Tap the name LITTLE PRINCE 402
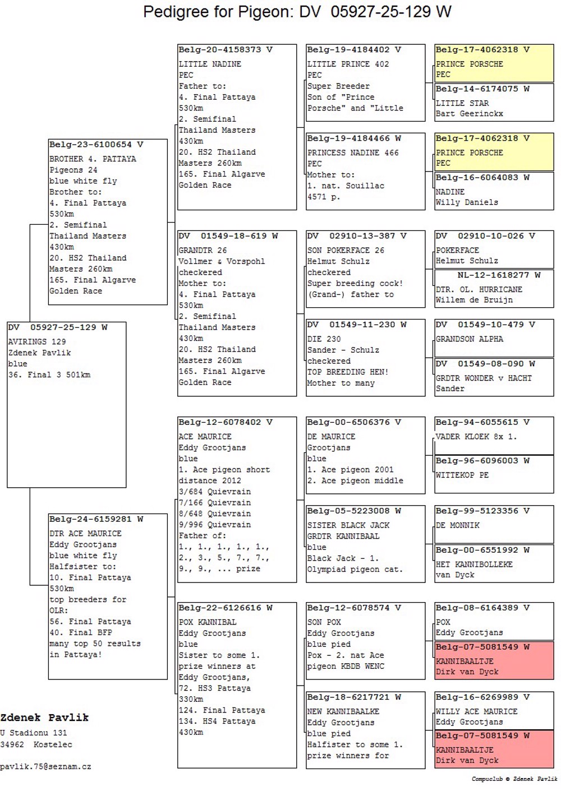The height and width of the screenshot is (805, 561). pyautogui.click(x=348, y=64)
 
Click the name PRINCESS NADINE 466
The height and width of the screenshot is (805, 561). pyautogui.click(x=353, y=152)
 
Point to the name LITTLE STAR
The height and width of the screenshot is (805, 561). pyautogui.click(x=462, y=103)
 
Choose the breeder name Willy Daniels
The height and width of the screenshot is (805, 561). pyautogui.click(x=467, y=202)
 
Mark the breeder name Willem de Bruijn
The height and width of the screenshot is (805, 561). pyautogui.click(x=474, y=300)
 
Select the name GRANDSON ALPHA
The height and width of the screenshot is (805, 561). pyautogui.click(x=470, y=339)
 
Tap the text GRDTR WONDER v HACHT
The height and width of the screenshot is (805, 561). pyautogui.click(x=484, y=378)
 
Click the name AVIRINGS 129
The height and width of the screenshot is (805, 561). pyautogui.click(x=37, y=341)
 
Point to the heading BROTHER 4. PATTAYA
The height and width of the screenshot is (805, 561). pyautogui.click(x=93, y=159)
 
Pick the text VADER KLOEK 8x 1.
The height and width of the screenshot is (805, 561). pyautogui.click(x=476, y=437)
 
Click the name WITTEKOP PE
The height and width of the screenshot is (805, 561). pyautogui.click(x=462, y=475)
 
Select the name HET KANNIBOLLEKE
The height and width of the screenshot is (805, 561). pyautogui.click(x=474, y=565)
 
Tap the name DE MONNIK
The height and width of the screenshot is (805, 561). pyautogui.click(x=458, y=525)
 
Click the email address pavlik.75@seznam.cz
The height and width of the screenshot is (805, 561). pyautogui.click(x=45, y=766)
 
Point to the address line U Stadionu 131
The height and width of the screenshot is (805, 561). pyautogui.click(x=34, y=733)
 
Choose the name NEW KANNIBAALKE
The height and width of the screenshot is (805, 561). pyautogui.click(x=343, y=711)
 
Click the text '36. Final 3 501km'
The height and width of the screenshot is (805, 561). pyautogui.click(x=49, y=374)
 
